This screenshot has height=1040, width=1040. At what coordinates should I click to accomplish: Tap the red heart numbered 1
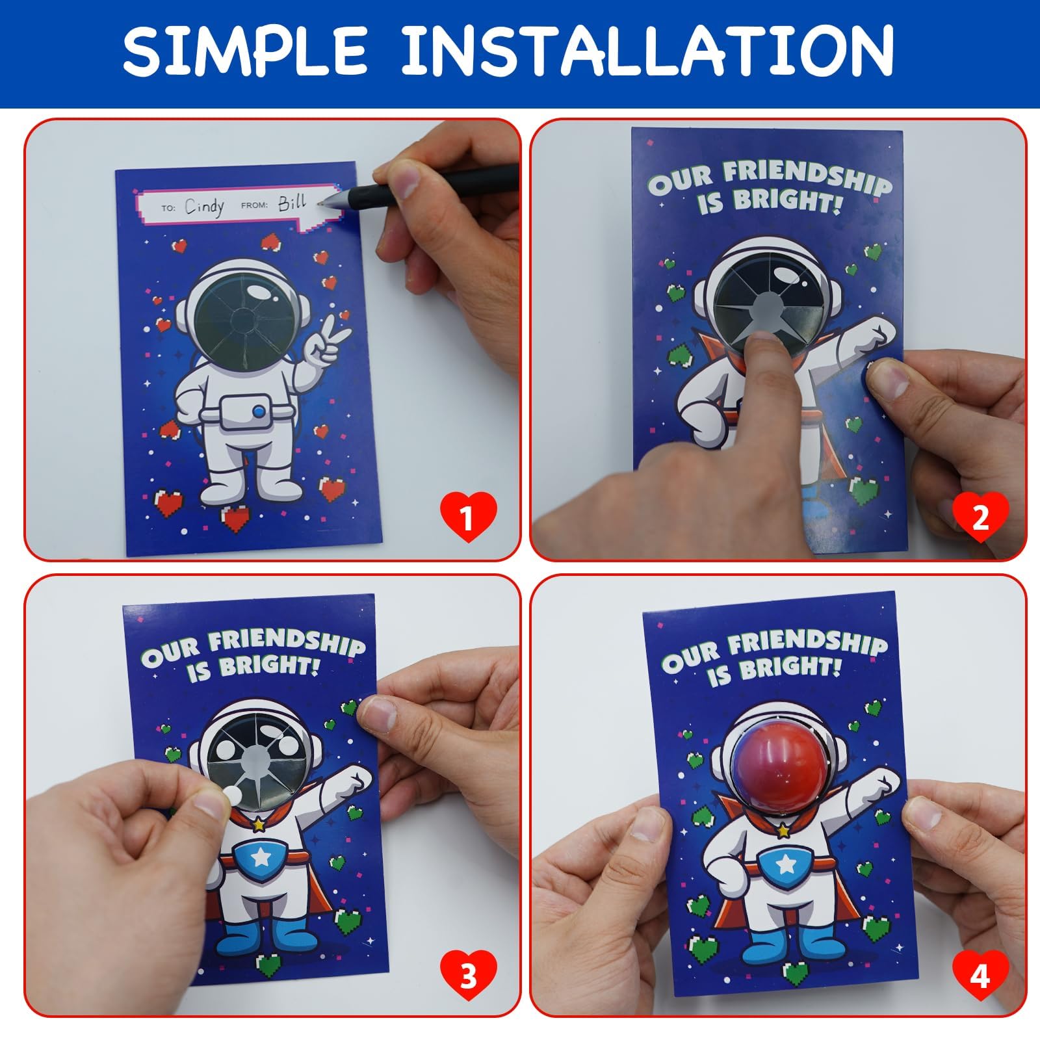468,518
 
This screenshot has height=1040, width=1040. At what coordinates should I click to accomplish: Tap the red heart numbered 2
980,518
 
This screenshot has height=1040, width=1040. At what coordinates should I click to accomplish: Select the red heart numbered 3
468,975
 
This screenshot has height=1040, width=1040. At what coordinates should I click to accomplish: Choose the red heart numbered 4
980,975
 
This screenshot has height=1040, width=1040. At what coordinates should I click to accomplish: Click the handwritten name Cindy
204,207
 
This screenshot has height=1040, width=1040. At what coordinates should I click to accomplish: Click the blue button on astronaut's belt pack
259,411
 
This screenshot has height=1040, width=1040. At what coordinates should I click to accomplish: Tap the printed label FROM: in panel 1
254,205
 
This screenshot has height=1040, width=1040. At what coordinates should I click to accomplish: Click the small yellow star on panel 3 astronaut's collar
259,825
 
